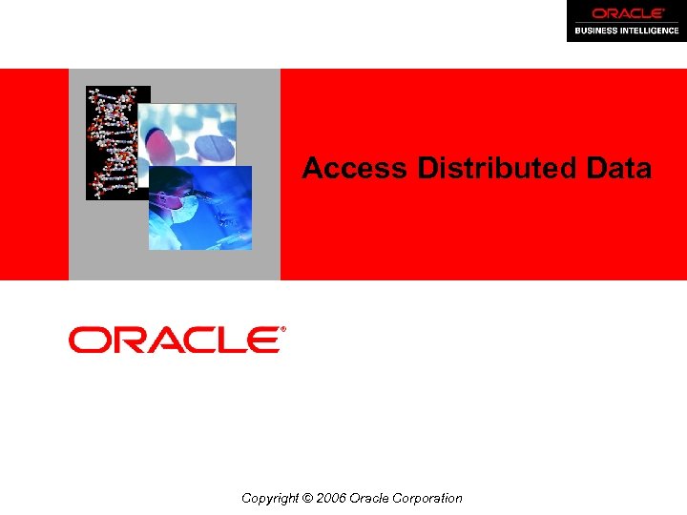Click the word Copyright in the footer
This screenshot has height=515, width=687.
point(271,498)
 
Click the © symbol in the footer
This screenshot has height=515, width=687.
point(306,498)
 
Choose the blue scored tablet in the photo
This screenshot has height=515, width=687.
point(216,147)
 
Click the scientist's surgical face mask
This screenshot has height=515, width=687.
point(186,205)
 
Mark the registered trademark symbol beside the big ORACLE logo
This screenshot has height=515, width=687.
point(282,329)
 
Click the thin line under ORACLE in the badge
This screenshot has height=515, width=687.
point(626,22)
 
